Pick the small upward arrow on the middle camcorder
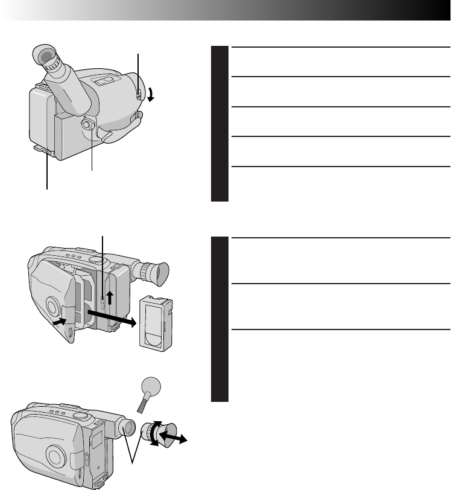(x=110, y=297)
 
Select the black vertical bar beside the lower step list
(x=219, y=318)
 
